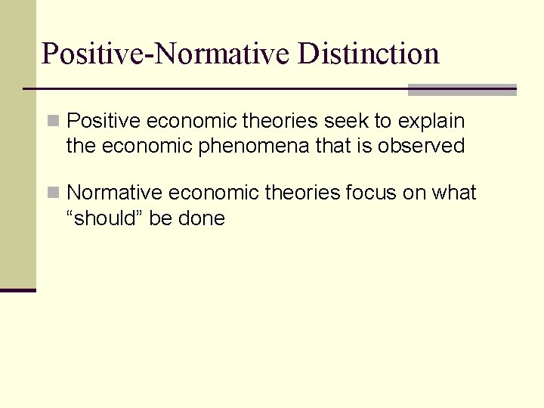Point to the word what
(x=454, y=193)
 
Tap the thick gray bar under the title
(x=462, y=90)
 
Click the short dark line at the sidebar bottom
(x=18, y=290)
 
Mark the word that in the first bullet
(x=329, y=146)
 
